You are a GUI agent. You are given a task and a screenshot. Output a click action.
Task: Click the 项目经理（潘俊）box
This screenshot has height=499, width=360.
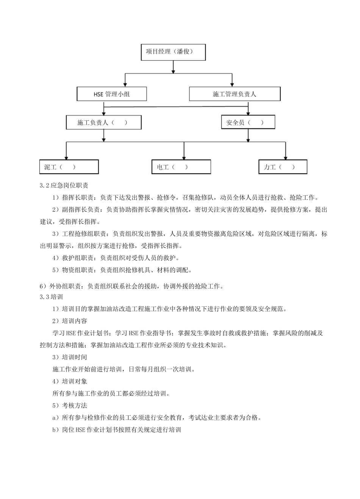pyautogui.click(x=173, y=52)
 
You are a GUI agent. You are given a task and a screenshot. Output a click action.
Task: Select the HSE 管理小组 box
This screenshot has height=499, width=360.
pyautogui.click(x=112, y=94)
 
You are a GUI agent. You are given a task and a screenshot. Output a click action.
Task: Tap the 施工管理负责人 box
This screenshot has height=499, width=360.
pyautogui.click(x=235, y=94)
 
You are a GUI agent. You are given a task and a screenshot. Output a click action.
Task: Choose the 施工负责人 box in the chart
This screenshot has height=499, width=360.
pyautogui.click(x=103, y=122)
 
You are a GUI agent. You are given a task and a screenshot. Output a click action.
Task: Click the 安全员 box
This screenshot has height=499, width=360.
pyautogui.click(x=248, y=122)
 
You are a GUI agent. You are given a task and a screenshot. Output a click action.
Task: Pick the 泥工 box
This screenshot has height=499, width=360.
pyautogui.click(x=69, y=167)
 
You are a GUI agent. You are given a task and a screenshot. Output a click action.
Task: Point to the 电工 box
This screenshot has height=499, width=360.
pyautogui.click(x=181, y=167)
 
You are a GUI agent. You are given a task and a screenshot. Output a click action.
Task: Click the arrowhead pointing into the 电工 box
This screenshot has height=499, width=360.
pyautogui.click(x=184, y=157)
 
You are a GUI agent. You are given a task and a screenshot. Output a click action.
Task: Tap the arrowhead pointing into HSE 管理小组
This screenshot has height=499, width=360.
pyautogui.click(x=125, y=84)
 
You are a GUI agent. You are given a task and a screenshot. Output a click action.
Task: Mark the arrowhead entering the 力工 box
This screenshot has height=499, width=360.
pyautogui.click(x=286, y=157)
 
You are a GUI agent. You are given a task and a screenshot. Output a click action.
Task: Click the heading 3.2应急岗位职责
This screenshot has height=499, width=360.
pyautogui.click(x=64, y=186)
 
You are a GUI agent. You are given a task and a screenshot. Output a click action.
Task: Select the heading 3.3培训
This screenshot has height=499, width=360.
pyautogui.click(x=52, y=297)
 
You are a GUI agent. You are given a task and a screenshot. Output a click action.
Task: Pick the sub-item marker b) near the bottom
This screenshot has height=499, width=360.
pyautogui.click(x=56, y=430)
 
